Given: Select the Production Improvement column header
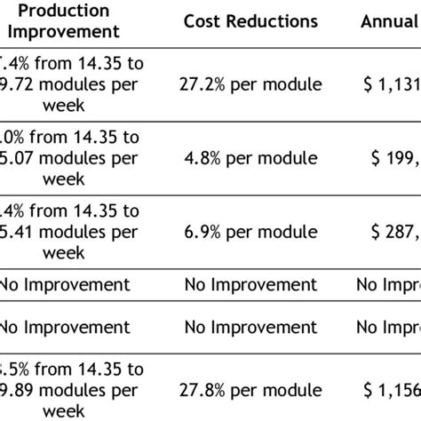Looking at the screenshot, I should pyautogui.click(x=63, y=20).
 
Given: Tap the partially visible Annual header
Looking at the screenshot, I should pyautogui.click(x=390, y=20).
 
